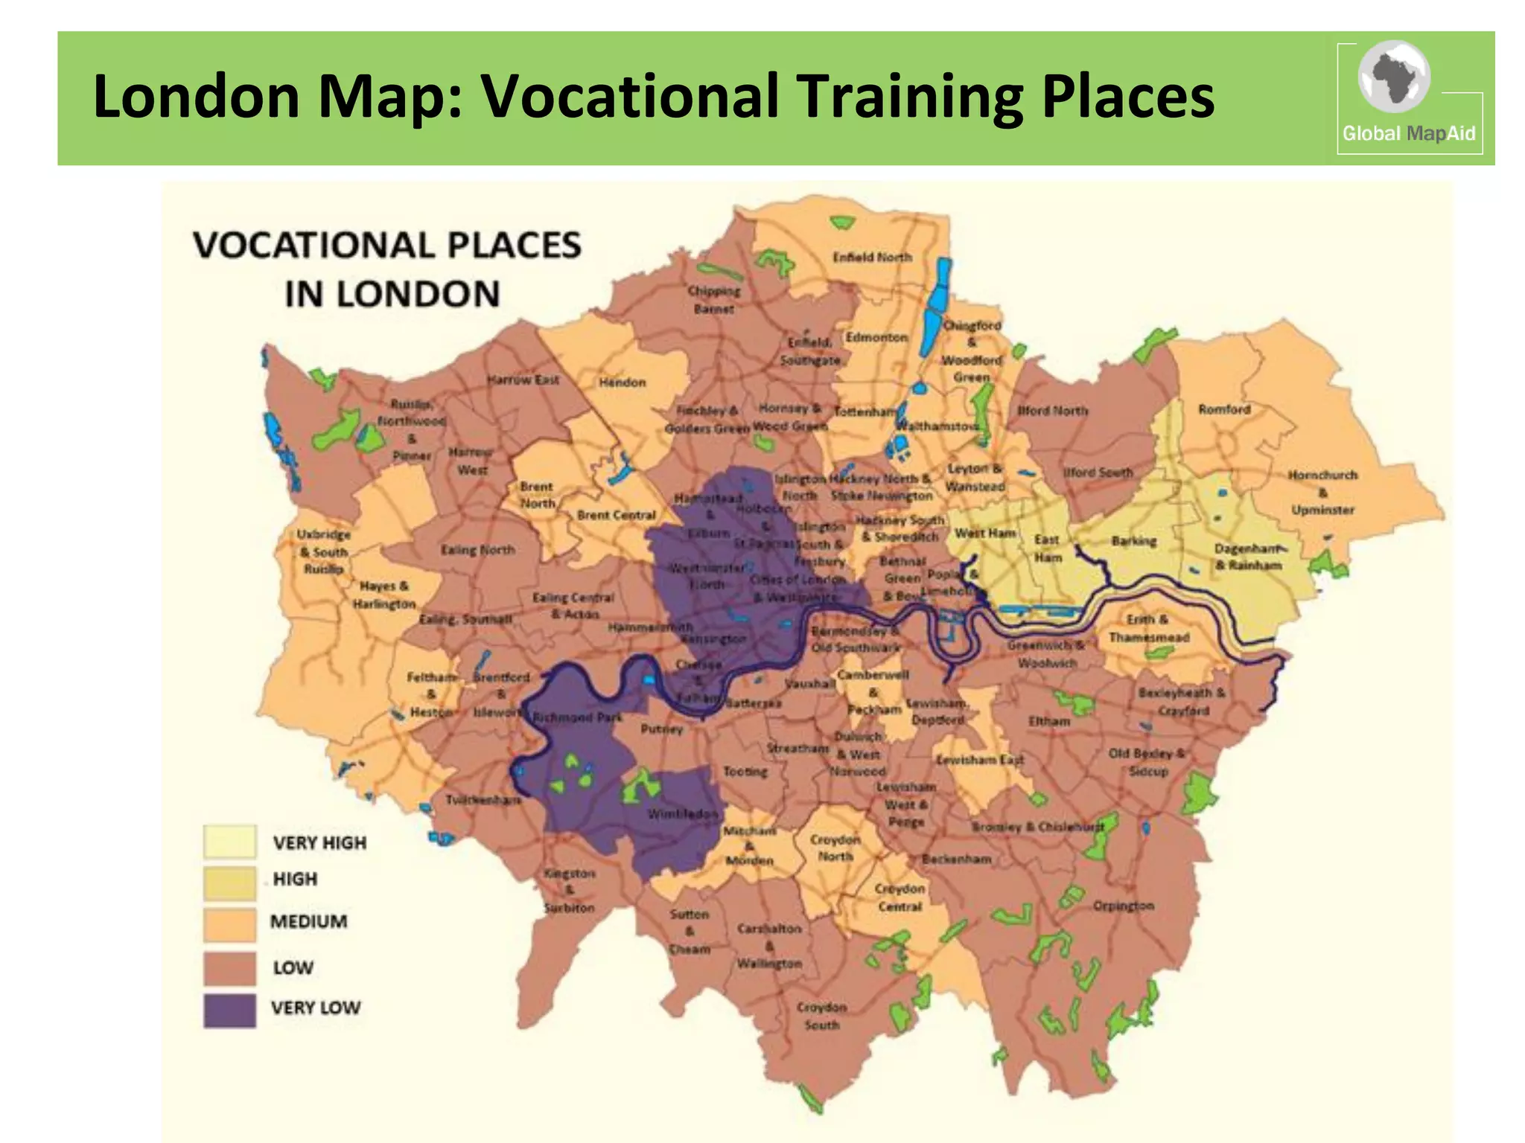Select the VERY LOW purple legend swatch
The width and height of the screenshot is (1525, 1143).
point(229,1011)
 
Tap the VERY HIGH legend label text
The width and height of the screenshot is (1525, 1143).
point(319,843)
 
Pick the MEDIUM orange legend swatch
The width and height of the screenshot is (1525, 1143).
point(229,923)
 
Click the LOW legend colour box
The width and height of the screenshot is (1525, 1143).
point(229,968)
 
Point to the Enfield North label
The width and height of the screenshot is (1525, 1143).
point(872,257)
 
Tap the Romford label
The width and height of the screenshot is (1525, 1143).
point(1224,409)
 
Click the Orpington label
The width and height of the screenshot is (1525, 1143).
point(1123,906)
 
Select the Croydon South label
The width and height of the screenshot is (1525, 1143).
point(821,1016)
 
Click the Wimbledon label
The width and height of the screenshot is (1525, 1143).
point(681,813)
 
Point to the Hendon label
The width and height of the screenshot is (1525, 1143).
point(623,382)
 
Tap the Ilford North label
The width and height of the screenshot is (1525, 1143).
point(1052,411)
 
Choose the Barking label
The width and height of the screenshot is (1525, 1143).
point(1133,541)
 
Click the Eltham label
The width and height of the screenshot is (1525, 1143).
point(1048,721)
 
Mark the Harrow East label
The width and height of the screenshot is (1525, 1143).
point(523,380)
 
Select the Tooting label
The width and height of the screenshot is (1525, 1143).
point(745,772)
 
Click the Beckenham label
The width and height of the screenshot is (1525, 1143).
point(956,859)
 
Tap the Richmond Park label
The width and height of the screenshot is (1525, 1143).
point(577,717)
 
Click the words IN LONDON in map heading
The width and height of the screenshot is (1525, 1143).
point(392,294)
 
